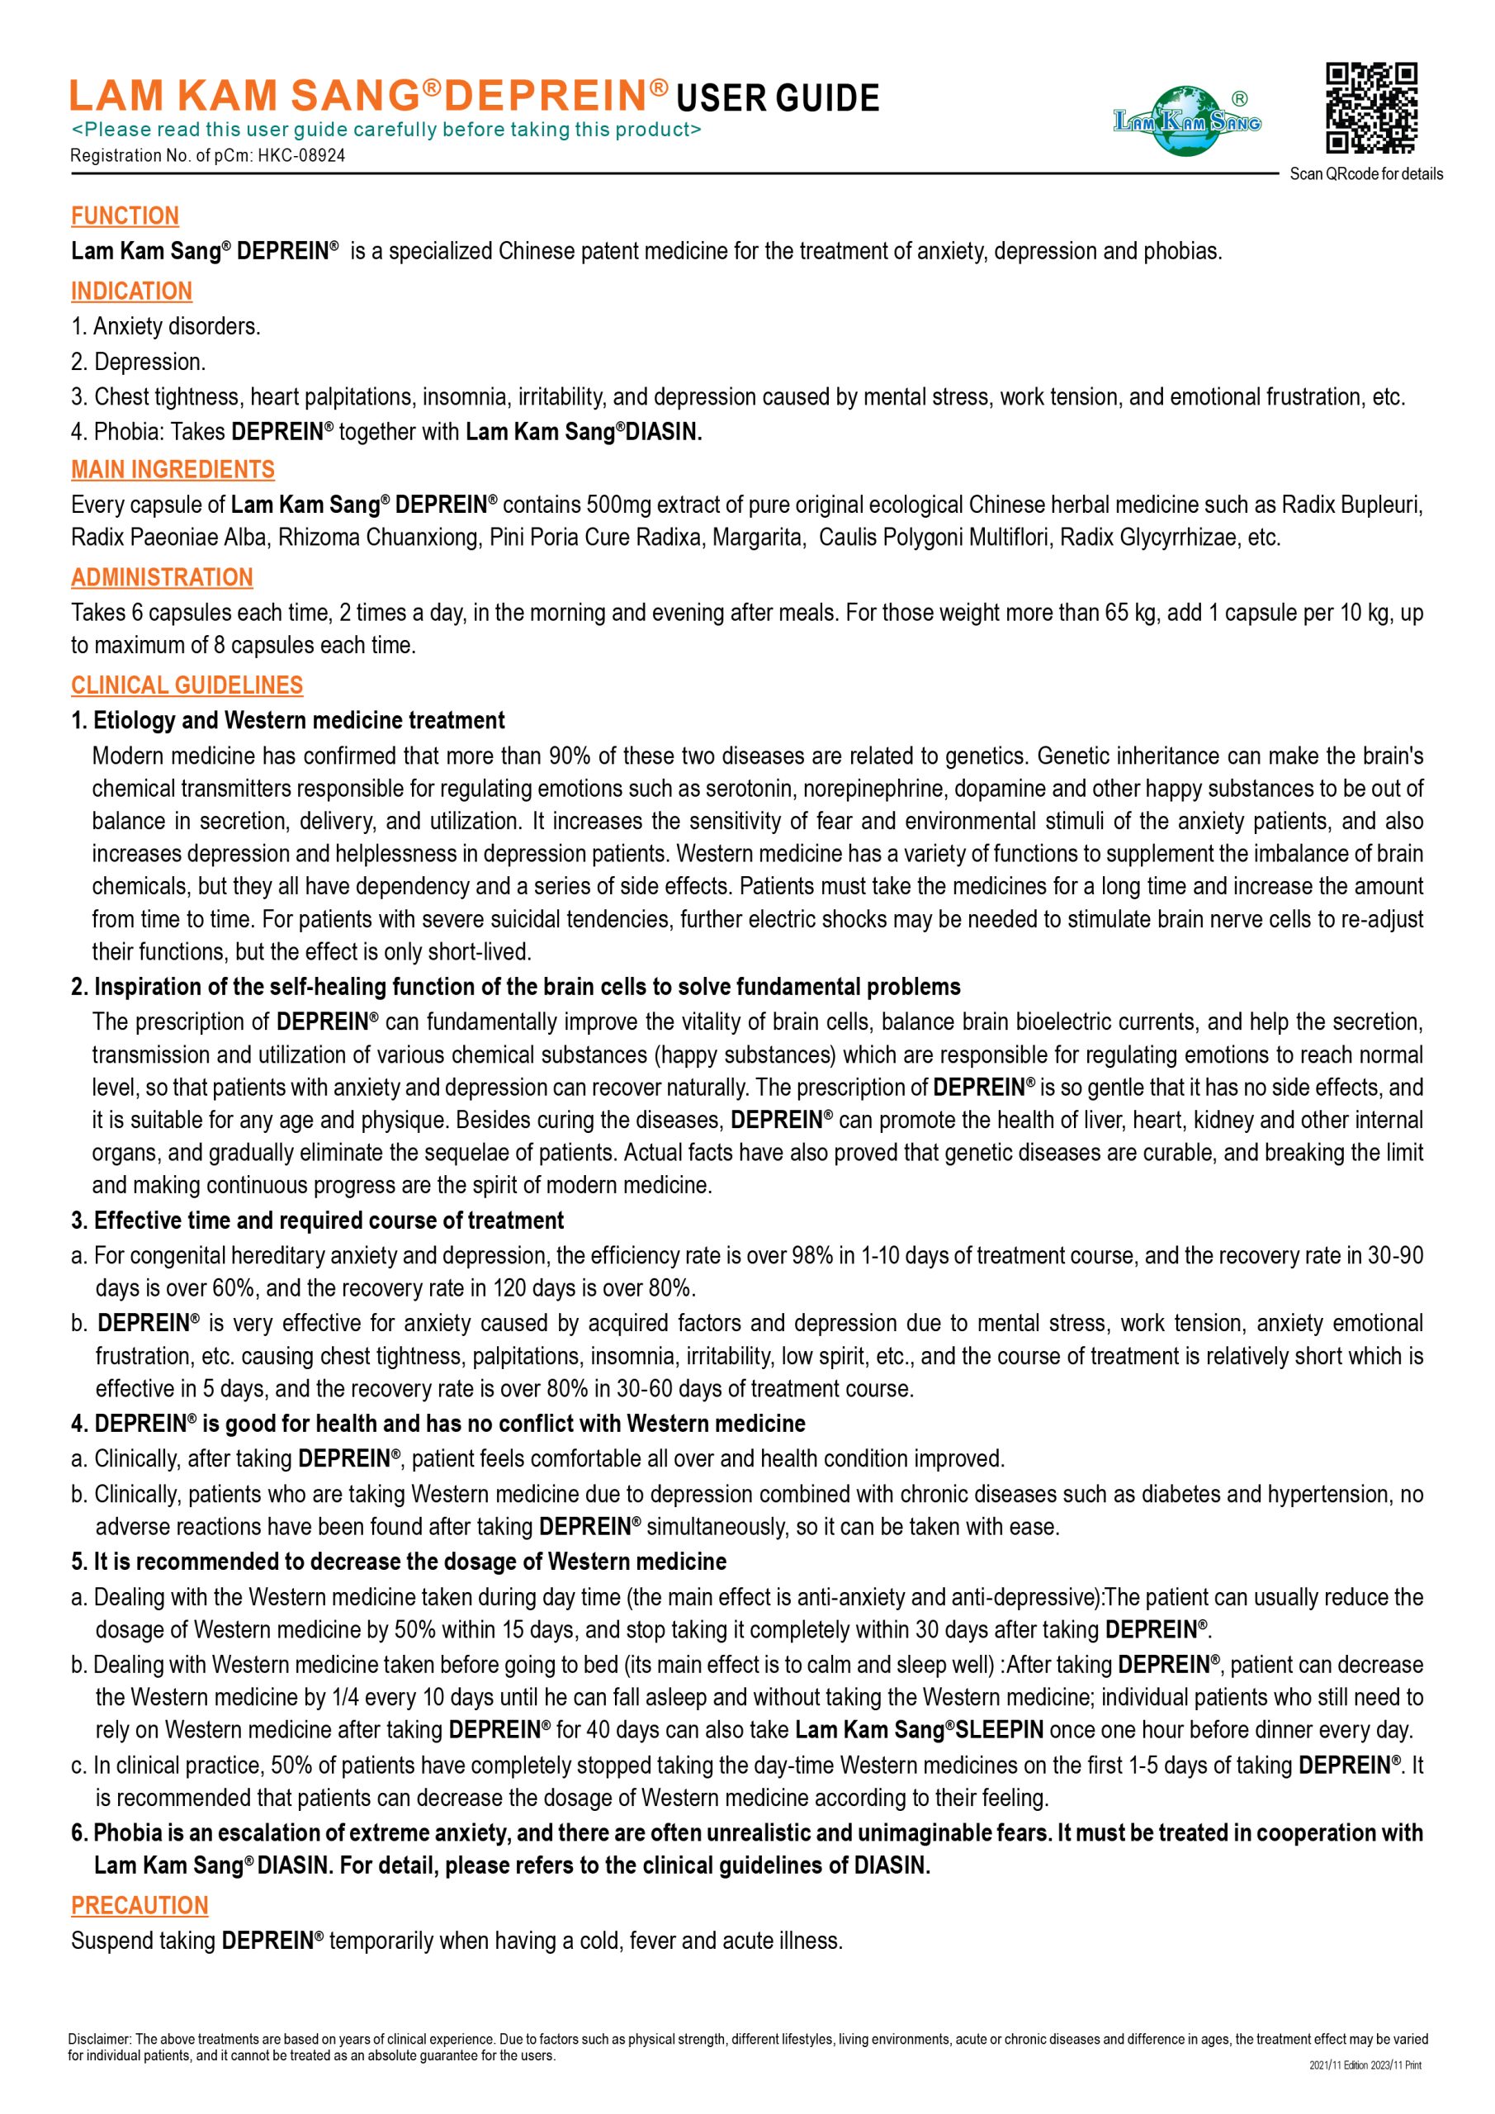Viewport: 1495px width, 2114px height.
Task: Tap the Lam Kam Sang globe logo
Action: click(x=1188, y=121)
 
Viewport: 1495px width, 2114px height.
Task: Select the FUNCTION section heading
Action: click(x=125, y=216)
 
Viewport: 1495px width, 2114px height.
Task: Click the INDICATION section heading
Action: click(x=131, y=291)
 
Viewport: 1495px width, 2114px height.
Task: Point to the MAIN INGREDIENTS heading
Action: click(x=173, y=470)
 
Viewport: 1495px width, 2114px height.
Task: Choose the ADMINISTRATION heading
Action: click(x=162, y=577)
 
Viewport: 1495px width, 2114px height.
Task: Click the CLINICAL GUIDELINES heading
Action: click(x=187, y=685)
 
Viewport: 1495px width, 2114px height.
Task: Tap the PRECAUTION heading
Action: click(x=140, y=1905)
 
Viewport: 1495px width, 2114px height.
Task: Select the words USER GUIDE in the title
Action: click(x=778, y=98)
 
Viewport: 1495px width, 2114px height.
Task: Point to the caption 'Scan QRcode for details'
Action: click(x=1366, y=174)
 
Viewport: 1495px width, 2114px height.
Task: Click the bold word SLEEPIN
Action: click(x=999, y=1730)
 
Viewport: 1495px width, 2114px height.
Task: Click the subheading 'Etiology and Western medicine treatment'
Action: click(x=299, y=720)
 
